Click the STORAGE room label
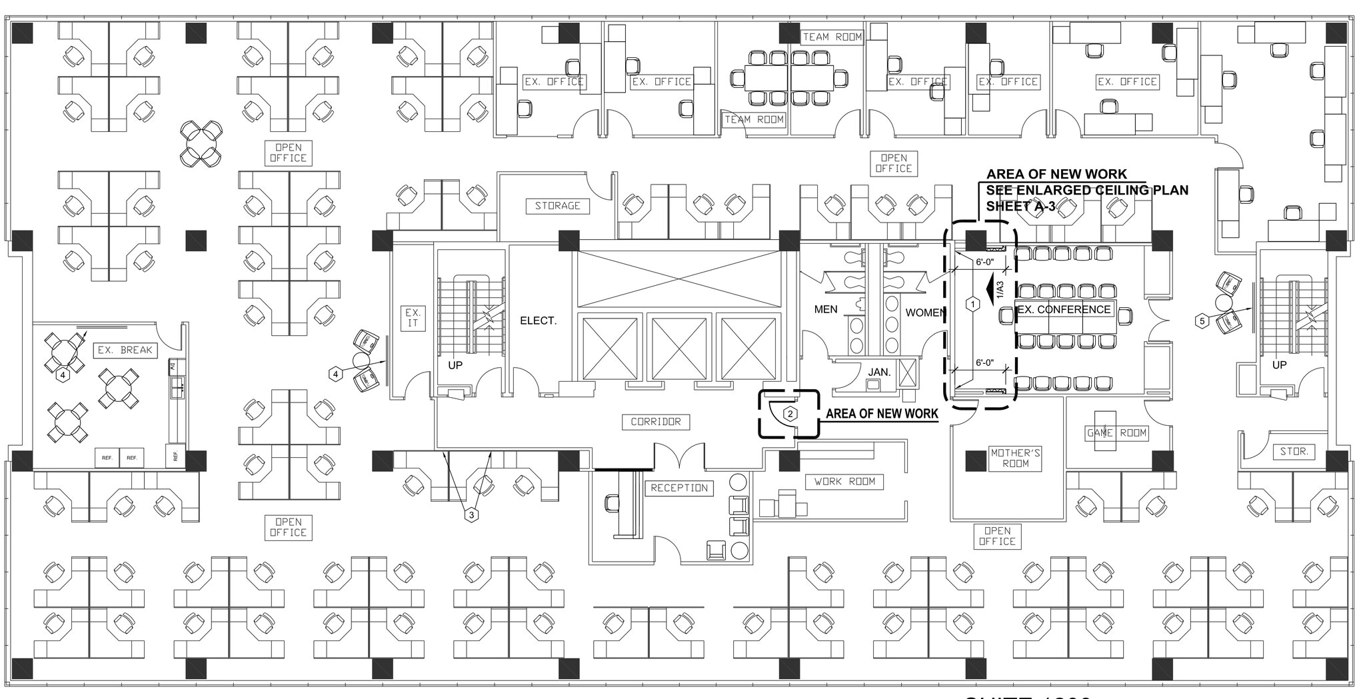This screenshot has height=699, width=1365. pos(557,206)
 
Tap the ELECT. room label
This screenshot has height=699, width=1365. pos(538,321)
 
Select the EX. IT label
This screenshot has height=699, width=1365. pos(413,318)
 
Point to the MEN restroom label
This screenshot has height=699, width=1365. pos(826,309)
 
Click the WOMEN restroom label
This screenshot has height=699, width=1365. pos(924,313)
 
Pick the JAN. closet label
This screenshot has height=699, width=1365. pos(879,371)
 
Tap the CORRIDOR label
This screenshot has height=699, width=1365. pos(656,422)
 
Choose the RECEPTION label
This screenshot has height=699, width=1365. pos(679,488)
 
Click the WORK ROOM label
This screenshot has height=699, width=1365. pos(844,481)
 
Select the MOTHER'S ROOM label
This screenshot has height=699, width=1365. pos(1016,458)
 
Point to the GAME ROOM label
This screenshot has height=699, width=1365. pos(1116,432)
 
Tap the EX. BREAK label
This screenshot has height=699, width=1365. pos(125,350)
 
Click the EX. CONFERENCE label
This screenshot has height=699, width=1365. pos(1064,309)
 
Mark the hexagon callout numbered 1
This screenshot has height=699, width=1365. pos(972,305)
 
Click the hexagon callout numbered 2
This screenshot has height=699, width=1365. pos(790,414)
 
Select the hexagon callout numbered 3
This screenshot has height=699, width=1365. pos(472,515)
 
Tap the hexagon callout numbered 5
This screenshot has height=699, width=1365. pos(1202,321)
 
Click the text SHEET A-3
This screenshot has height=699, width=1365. pos(1020,206)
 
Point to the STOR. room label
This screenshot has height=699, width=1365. pos(1294,451)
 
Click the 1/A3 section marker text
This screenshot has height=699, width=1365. pos(999,289)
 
